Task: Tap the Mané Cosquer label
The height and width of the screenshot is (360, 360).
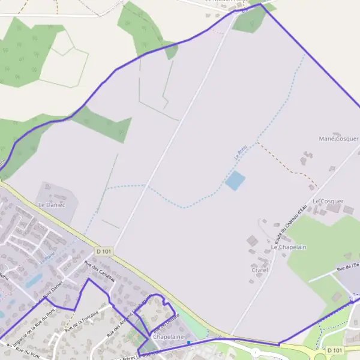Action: tap(338, 139)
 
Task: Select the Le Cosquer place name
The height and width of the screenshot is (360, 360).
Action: tap(328, 201)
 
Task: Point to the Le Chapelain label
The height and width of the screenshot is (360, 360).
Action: tap(289, 247)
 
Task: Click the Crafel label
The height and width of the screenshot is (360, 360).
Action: tap(259, 271)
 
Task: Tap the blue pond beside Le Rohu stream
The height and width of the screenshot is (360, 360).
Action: tap(235, 180)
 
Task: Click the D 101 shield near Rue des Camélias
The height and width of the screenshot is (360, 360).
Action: tap(104, 252)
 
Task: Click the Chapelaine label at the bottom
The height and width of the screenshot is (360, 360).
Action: tap(168, 337)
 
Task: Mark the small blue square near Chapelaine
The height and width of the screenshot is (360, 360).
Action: tap(188, 343)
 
